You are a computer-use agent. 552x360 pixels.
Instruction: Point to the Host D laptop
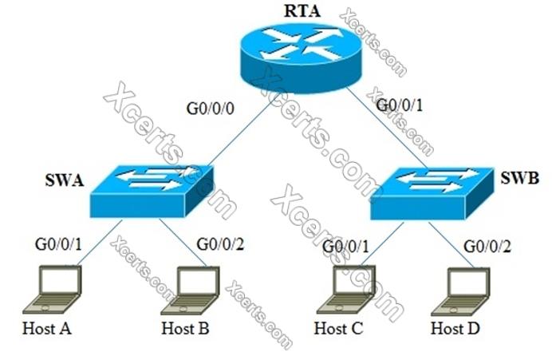pyautogui.click(x=464, y=291)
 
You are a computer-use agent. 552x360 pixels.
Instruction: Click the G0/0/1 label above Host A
pyautogui.click(x=57, y=242)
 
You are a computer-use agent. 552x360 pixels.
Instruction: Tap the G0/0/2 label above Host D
pyautogui.click(x=487, y=243)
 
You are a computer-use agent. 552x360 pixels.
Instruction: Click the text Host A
pyautogui.click(x=47, y=328)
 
